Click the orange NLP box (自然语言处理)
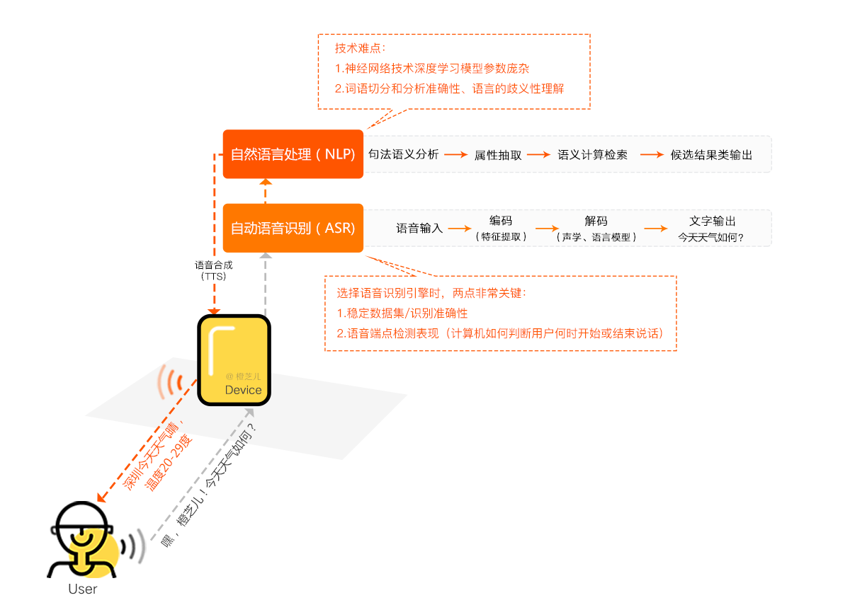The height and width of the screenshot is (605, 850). (293, 154)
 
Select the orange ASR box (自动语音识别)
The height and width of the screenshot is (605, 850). (293, 228)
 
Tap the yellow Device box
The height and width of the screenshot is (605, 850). (234, 360)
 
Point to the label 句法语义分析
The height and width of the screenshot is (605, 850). (404, 154)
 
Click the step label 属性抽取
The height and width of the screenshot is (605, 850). (498, 155)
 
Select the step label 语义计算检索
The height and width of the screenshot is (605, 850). (593, 155)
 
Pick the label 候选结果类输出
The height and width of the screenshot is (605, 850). (711, 155)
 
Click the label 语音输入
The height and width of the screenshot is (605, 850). (419, 229)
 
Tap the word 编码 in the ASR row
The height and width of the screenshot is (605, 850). (501, 221)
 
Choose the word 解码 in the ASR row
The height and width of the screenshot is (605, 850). (596, 221)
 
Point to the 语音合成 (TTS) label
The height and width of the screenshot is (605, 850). (214, 270)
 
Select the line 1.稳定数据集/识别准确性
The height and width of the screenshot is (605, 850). (402, 313)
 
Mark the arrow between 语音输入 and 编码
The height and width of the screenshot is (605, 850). (460, 228)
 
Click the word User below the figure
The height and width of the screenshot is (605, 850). (83, 589)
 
